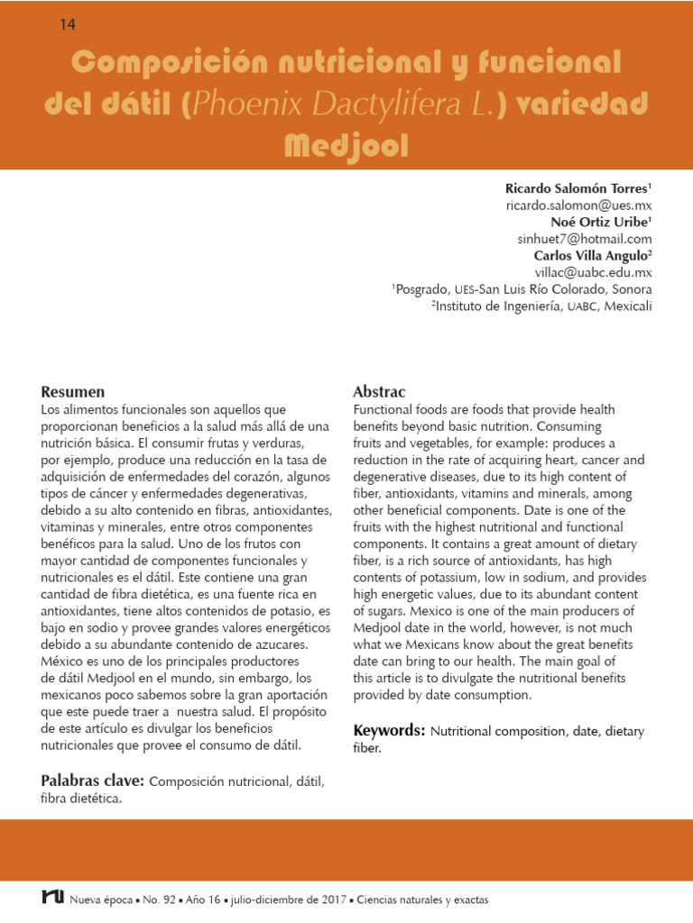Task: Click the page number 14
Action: (68, 24)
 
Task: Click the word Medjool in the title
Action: (346, 145)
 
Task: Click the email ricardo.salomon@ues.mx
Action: (578, 206)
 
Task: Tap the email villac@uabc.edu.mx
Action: (593, 271)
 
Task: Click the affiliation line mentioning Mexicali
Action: (541, 306)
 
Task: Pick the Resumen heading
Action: (73, 392)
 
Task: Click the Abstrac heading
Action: (379, 392)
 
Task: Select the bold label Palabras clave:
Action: (93, 780)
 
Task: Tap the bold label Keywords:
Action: (389, 730)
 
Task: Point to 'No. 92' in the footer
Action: (159, 900)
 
